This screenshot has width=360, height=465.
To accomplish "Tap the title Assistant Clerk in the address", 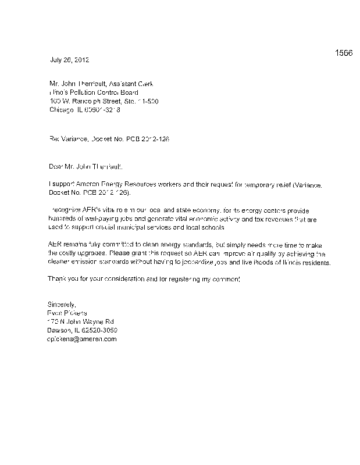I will (x=132, y=84).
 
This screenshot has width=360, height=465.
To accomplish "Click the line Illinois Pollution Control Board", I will (x=93, y=92).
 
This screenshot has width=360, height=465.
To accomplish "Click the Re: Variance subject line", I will (x=108, y=139).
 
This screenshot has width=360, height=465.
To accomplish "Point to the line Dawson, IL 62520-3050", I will (x=82, y=330).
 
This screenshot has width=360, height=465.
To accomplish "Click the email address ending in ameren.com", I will (x=82, y=339).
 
